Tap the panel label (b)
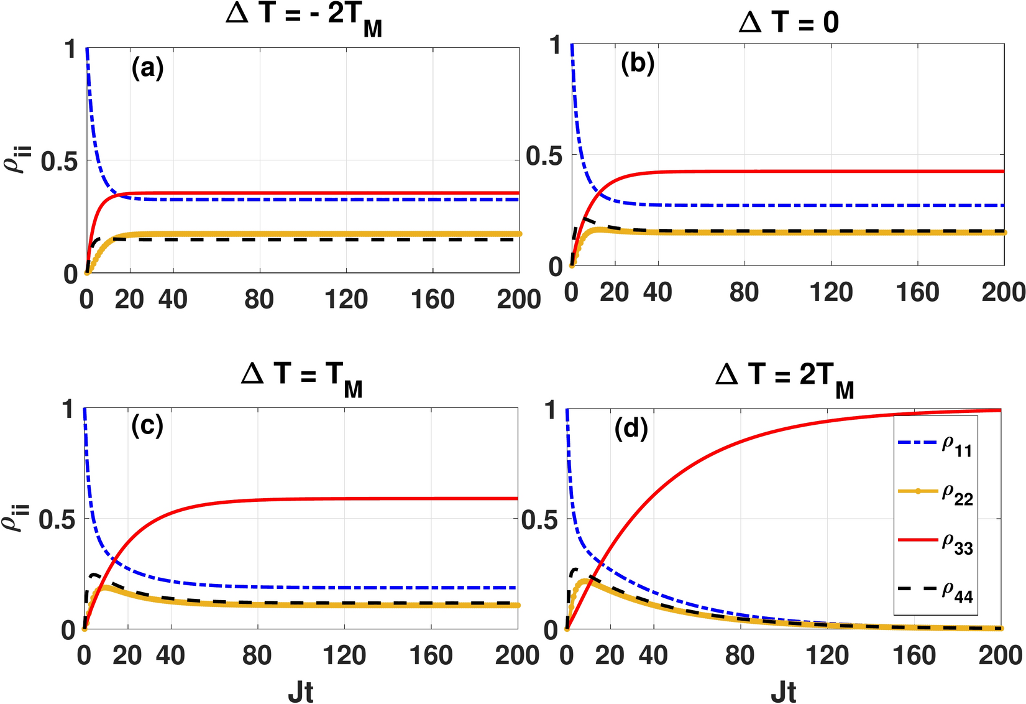pyautogui.click(x=638, y=64)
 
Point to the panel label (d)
pyautogui.click(x=631, y=428)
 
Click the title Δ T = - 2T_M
pyautogui.click(x=304, y=16)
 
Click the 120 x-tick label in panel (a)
pyautogui.click(x=346, y=300)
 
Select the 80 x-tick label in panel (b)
pyautogui.click(x=744, y=292)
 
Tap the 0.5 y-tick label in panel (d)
pyautogui.click(x=539, y=520)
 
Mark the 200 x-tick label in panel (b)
pyautogui.click(x=1004, y=292)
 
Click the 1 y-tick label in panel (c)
pyautogui.click(x=68, y=410)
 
